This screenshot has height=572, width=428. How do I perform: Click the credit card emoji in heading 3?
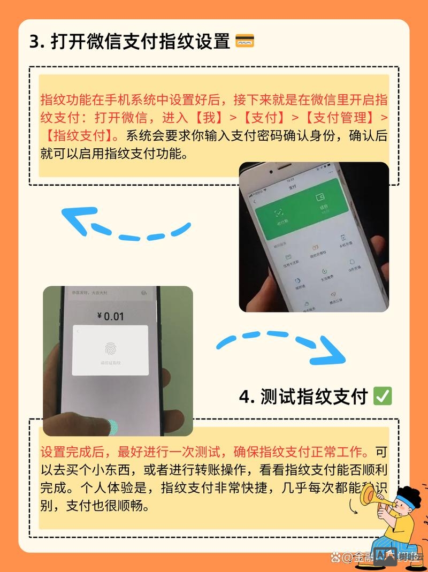pos(244,41)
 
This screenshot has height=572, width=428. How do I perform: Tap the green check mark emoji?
pos(383,396)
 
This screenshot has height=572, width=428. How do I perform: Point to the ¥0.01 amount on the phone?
pos(110,316)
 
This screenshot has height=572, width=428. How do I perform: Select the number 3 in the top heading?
pos(35,42)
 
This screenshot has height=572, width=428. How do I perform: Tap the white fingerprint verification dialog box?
pos(110,350)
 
